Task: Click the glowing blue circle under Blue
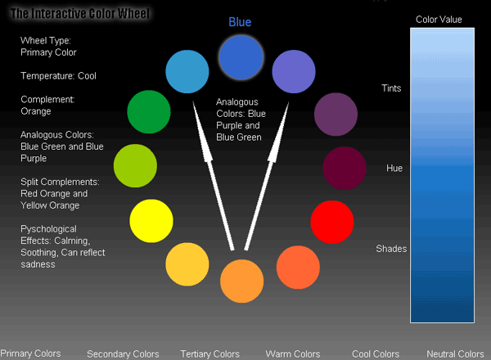(x=241, y=57)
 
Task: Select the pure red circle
(x=332, y=222)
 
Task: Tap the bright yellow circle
(x=151, y=221)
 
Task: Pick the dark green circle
(x=149, y=112)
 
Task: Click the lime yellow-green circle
(x=135, y=166)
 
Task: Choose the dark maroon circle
(x=345, y=168)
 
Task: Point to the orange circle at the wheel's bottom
(x=241, y=281)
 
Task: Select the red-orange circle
(x=298, y=268)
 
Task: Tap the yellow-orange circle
(x=187, y=264)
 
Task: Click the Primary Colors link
(x=30, y=353)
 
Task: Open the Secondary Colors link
(x=123, y=354)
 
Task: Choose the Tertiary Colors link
(x=209, y=354)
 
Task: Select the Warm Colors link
(x=293, y=354)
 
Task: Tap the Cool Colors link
(x=376, y=354)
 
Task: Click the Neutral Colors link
(x=455, y=354)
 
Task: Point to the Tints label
(x=391, y=88)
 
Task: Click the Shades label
(x=391, y=249)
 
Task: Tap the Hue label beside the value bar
(x=394, y=168)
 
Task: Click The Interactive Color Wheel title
(x=80, y=13)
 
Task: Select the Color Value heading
(x=439, y=20)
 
